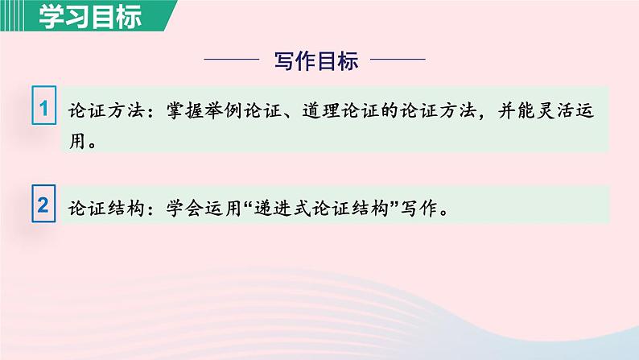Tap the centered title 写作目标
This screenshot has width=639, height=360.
[316, 61]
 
